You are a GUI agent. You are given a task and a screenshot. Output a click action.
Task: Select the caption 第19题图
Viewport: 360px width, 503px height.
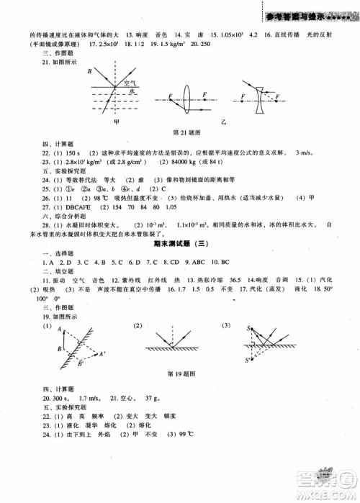(x=181, y=373)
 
